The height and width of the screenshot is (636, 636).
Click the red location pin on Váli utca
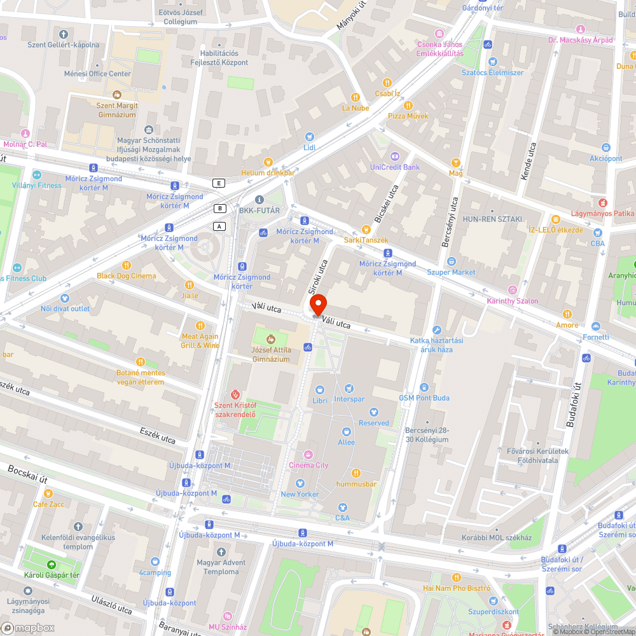click(317, 305)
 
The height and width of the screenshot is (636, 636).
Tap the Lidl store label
click(310, 147)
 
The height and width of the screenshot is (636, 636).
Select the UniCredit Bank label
click(394, 167)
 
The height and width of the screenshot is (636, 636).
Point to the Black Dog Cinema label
click(126, 276)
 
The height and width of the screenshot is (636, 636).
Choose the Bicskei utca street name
click(388, 203)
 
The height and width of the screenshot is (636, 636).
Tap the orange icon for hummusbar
click(356, 473)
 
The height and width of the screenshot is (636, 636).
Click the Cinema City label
click(309, 465)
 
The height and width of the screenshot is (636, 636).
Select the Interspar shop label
click(349, 399)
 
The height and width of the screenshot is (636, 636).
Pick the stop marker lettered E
click(219, 183)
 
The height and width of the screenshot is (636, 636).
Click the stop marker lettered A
click(220, 226)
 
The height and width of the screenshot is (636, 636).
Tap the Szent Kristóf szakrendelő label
click(235, 410)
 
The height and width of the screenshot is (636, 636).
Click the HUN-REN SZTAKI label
click(492, 218)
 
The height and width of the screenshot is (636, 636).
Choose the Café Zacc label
click(48, 504)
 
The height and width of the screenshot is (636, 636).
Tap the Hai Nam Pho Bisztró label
click(456, 588)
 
